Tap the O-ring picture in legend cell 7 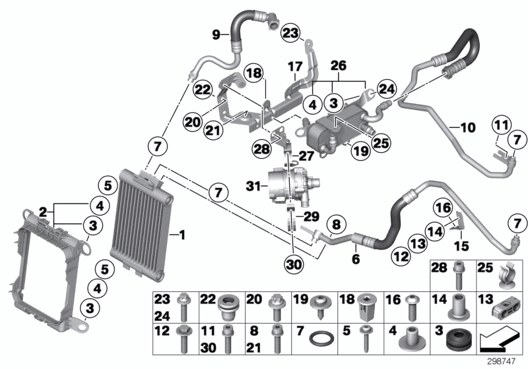[x=321, y=343]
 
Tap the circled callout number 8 [x=335, y=225]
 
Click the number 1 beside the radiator [x=183, y=234]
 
